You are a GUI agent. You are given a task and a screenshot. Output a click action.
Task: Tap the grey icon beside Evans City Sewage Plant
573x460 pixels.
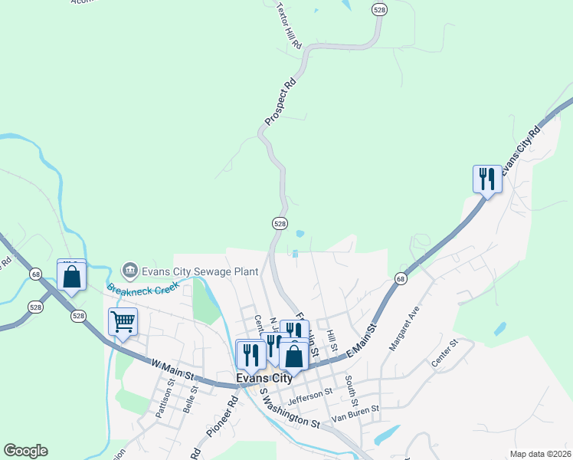[x=129, y=269]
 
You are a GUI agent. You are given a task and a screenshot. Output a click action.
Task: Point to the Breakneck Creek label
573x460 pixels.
[x=142, y=289]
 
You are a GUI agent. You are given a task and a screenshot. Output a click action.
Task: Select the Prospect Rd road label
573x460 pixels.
[x=280, y=100]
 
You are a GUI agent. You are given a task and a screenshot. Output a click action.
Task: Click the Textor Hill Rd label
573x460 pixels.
[x=289, y=27]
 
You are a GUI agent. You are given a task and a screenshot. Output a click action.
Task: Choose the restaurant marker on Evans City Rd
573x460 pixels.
[x=487, y=180]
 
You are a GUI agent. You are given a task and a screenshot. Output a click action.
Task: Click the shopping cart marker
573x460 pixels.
[x=123, y=322]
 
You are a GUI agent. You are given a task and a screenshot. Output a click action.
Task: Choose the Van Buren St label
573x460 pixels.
[x=355, y=413]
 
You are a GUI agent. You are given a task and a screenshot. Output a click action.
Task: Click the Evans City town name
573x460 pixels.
[x=264, y=378]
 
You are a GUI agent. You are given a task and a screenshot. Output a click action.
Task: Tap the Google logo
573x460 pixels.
[x=25, y=451]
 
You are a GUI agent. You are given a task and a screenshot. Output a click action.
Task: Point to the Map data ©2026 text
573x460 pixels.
[x=540, y=454]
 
